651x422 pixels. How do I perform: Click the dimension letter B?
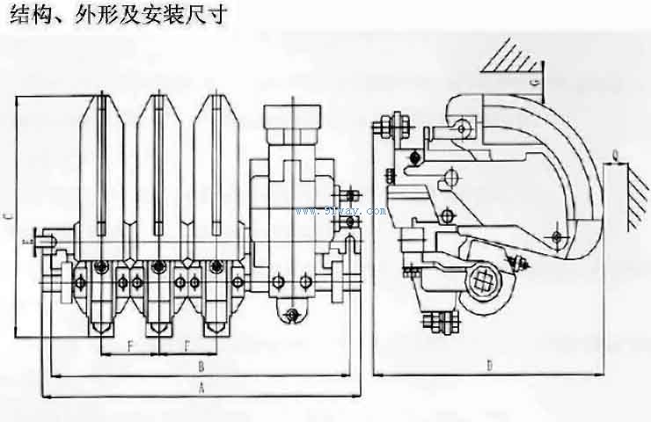[201, 363]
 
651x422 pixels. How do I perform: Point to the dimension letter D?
[489, 364]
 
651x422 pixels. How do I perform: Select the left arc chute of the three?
[102, 167]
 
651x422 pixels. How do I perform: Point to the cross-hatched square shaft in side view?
[483, 280]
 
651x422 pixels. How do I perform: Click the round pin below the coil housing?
[291, 311]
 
